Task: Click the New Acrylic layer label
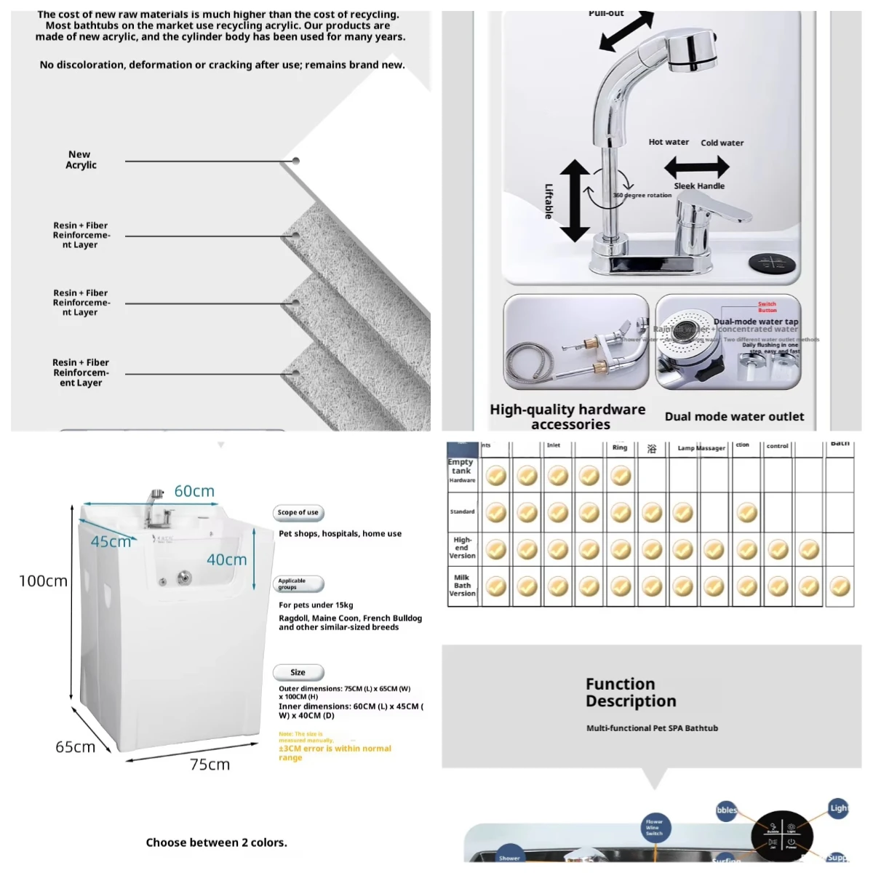[81, 160]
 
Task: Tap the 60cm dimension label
[194, 492]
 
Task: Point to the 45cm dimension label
[111, 542]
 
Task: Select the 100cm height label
[43, 581]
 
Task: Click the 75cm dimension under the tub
[210, 765]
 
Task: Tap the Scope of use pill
[298, 513]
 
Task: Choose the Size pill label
[298, 673]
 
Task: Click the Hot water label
[669, 143]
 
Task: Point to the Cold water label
[722, 143]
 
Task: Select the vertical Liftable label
[549, 201]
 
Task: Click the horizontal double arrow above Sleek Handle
[696, 168]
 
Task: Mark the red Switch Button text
[767, 307]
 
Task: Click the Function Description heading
[631, 693]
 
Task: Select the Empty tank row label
[461, 467]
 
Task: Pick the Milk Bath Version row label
[462, 586]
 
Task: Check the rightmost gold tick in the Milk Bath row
[840, 586]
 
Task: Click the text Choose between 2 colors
[216, 842]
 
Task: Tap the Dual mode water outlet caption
[734, 417]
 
